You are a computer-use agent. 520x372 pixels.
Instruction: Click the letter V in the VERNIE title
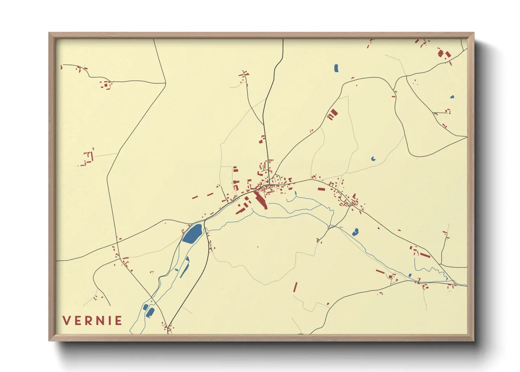[x=67, y=321]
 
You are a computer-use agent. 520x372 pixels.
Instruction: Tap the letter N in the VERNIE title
[x=101, y=321]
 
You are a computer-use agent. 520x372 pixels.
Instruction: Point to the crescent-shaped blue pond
[x=373, y=159]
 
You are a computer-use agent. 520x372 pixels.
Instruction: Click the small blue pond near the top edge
[x=336, y=68]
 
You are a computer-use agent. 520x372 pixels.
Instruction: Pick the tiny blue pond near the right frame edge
[x=452, y=97]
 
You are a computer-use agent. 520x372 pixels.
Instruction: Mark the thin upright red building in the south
[x=295, y=287]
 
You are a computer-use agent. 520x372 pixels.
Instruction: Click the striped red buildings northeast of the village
[x=332, y=114]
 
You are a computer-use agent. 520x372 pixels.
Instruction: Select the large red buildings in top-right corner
[x=444, y=54]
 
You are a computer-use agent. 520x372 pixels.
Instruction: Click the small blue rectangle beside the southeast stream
[x=410, y=275]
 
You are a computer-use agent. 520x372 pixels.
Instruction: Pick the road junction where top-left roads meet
[x=165, y=83]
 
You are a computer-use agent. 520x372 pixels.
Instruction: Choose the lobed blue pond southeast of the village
[x=356, y=232]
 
